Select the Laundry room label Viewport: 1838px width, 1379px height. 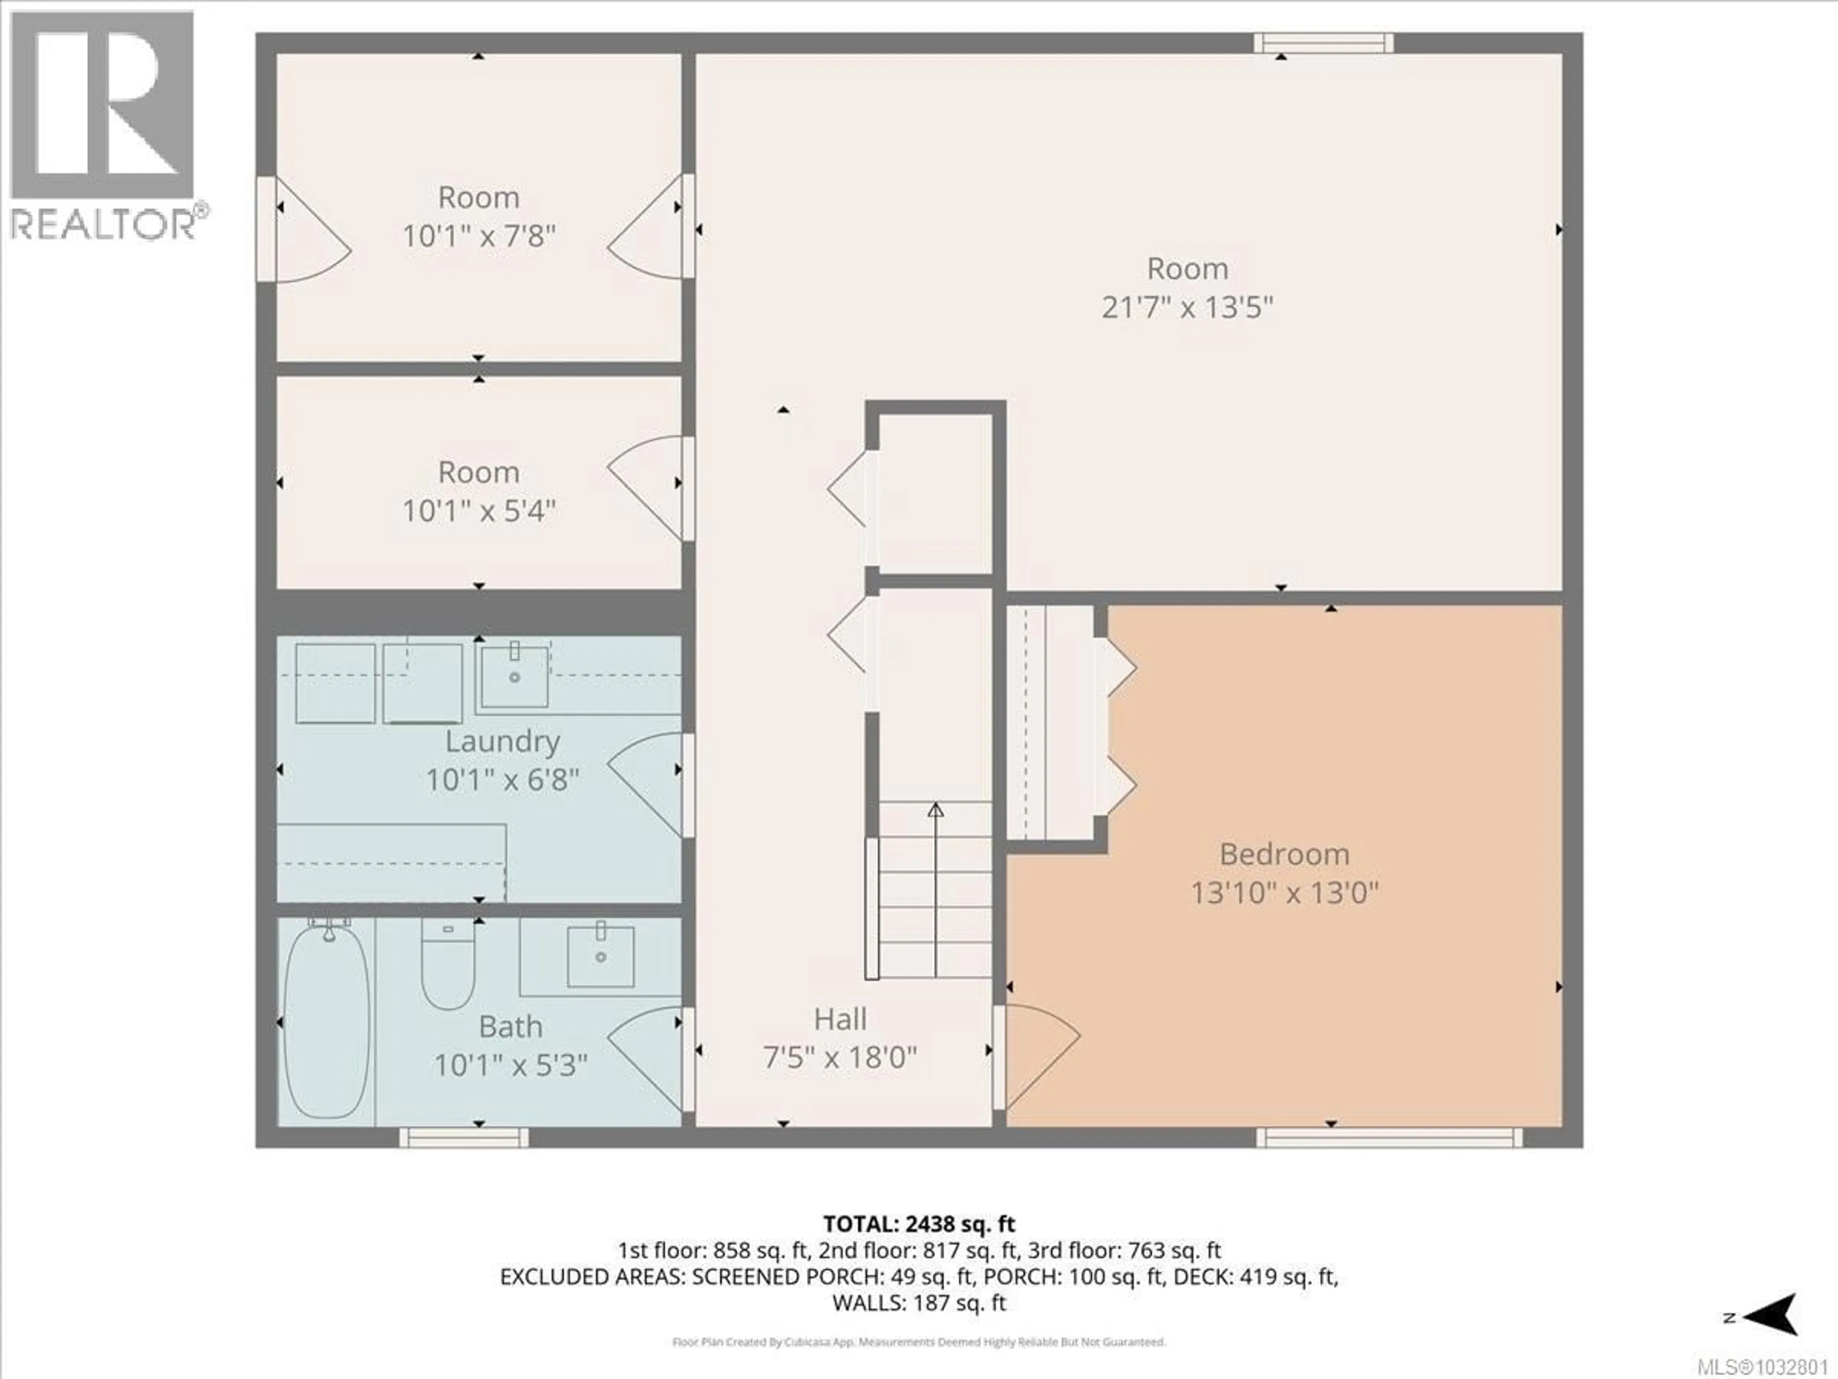[x=502, y=741]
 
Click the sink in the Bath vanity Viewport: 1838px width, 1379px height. [x=600, y=956]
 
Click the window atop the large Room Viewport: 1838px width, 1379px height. [x=1323, y=43]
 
